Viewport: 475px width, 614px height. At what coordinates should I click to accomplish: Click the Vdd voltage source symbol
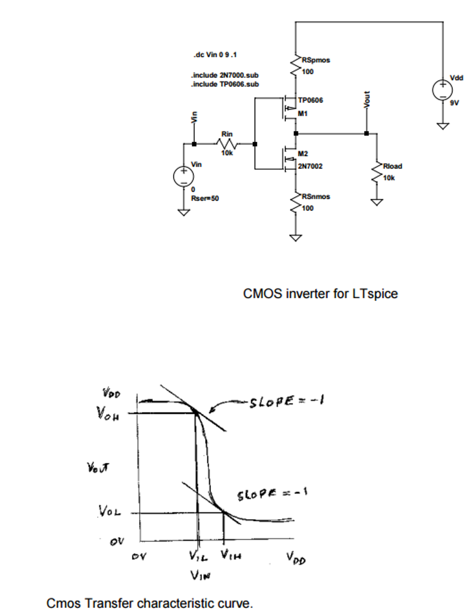point(443,90)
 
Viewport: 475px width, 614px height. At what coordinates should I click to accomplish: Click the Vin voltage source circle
point(183,176)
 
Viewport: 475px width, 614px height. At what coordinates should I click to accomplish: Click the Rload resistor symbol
point(377,172)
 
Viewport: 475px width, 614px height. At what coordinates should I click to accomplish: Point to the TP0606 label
point(310,100)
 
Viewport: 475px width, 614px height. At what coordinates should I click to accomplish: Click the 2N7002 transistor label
point(310,166)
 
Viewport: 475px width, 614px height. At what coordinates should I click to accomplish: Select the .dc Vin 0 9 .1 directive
point(215,55)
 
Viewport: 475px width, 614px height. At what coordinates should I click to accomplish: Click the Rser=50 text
point(205,198)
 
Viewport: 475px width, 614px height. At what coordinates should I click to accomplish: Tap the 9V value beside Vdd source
point(454,103)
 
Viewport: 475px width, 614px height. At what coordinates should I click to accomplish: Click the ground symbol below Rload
point(377,202)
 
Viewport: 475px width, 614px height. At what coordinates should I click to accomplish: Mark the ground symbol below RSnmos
point(295,238)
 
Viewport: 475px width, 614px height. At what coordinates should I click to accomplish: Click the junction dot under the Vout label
point(366,133)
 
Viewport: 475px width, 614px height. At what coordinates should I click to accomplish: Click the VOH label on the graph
point(108,414)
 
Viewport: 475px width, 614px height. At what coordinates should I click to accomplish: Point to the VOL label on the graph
point(110,511)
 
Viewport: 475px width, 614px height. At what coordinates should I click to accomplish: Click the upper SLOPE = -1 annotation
point(286,402)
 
